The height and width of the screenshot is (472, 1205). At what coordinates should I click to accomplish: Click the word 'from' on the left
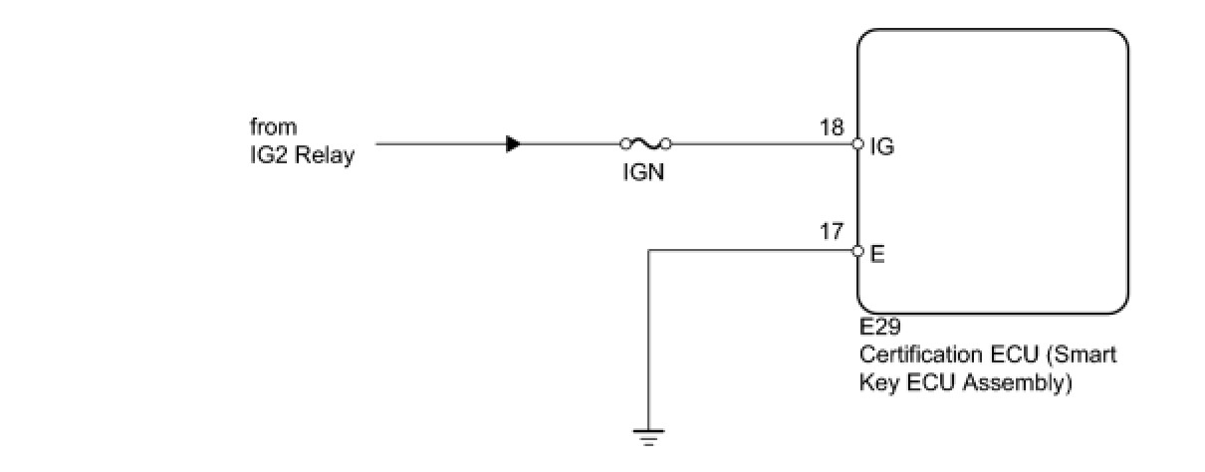tap(273, 127)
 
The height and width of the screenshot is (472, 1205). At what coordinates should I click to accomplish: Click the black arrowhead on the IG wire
tap(513, 144)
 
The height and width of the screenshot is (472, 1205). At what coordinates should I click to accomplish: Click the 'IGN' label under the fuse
tap(644, 171)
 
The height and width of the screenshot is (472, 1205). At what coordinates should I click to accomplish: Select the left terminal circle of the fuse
tap(624, 144)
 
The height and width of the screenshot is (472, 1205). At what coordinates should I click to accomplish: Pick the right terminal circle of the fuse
tap(665, 144)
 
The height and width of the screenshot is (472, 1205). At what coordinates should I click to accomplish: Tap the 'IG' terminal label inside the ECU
tap(881, 147)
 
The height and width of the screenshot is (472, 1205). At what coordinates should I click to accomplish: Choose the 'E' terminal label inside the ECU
tap(876, 253)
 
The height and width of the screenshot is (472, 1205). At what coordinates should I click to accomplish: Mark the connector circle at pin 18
tap(857, 144)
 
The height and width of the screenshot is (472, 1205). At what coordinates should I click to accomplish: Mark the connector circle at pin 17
tap(857, 251)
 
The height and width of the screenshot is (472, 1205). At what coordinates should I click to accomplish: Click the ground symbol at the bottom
tap(648, 435)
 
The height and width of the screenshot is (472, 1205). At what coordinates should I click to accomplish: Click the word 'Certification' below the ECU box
tap(913, 355)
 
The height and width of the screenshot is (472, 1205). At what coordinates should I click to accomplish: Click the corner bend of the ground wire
tap(648, 251)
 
